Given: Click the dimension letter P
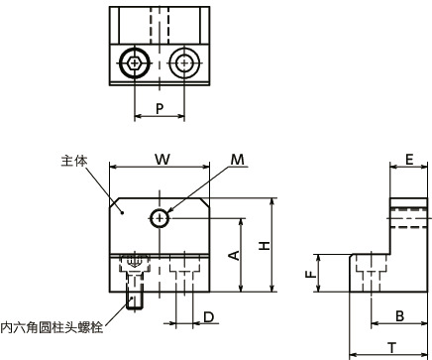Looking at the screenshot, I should [159, 109].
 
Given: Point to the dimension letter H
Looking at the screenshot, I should [263, 245].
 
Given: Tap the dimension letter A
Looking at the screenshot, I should [234, 255].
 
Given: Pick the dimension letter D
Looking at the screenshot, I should [208, 317].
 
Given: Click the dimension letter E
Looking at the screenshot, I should [408, 159].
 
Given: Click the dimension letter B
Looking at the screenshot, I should [398, 316].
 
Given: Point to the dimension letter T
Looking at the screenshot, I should [391, 347].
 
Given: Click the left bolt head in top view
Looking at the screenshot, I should [134, 62].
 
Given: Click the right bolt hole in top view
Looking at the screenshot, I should [182, 62].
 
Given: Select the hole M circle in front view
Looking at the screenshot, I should [159, 218].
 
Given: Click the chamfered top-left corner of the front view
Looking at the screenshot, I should [115, 205].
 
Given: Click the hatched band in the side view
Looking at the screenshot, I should [408, 209].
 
